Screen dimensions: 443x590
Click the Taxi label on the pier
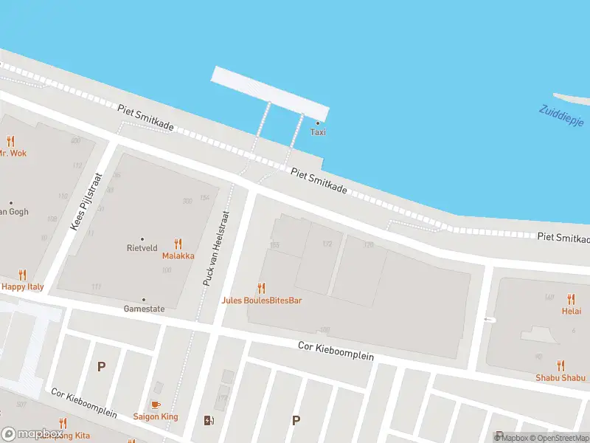[x=318, y=132]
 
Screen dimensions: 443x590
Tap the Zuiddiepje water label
[x=561, y=115]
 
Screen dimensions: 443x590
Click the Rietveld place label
[x=142, y=249]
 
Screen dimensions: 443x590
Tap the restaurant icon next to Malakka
[x=178, y=244]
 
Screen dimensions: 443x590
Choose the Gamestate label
[x=143, y=309]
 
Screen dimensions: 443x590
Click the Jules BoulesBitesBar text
[x=262, y=301]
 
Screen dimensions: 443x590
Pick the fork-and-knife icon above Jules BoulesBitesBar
[x=261, y=288]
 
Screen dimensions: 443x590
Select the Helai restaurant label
[x=571, y=311]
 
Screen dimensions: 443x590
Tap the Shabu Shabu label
[x=560, y=378]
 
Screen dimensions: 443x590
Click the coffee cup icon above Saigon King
[x=155, y=405]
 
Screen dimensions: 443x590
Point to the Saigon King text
[x=155, y=416]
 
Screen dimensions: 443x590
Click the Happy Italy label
[x=22, y=286]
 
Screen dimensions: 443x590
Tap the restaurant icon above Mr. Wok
[x=10, y=141]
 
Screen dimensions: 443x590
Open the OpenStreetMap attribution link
[x=558, y=437]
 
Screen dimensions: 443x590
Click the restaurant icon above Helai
[x=571, y=299]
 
